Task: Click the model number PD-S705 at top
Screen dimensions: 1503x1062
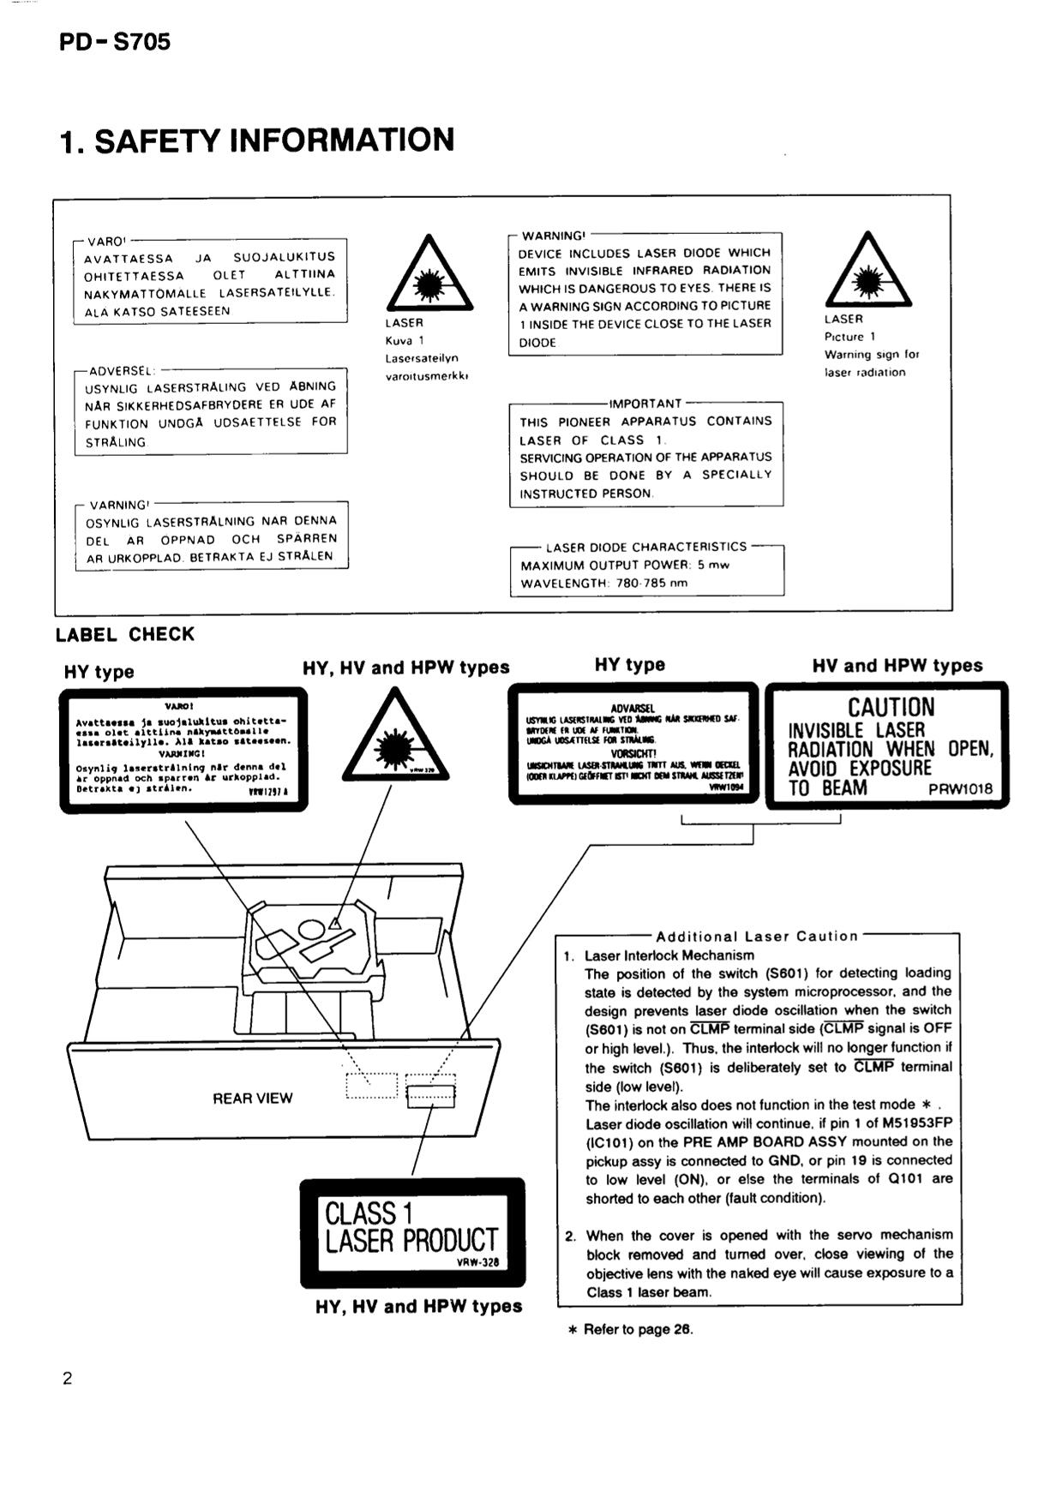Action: point(115,41)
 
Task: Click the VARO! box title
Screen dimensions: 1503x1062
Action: point(105,242)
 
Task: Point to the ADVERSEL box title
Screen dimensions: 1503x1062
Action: point(121,371)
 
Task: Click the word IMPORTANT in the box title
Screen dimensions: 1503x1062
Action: point(645,403)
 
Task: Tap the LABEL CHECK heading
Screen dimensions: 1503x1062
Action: point(125,635)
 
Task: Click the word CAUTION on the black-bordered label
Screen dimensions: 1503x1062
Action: point(891,707)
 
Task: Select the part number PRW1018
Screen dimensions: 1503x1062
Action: point(960,789)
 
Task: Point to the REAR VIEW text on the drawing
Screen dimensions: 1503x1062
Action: point(252,1098)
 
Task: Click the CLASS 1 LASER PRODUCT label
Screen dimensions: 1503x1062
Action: point(411,1230)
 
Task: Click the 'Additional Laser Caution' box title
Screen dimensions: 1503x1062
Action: point(757,936)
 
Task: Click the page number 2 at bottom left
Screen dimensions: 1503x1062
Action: point(68,1378)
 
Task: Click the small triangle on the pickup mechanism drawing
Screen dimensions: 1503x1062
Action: point(334,924)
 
